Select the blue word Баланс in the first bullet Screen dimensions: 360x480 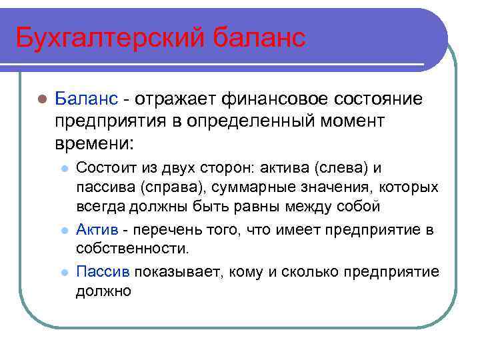click(x=87, y=99)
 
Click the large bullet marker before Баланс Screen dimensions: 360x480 click(x=41, y=100)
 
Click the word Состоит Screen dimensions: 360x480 click(x=106, y=169)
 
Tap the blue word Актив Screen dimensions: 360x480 click(x=97, y=230)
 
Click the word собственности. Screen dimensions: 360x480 click(x=133, y=248)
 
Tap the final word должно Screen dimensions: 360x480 click(x=103, y=291)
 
